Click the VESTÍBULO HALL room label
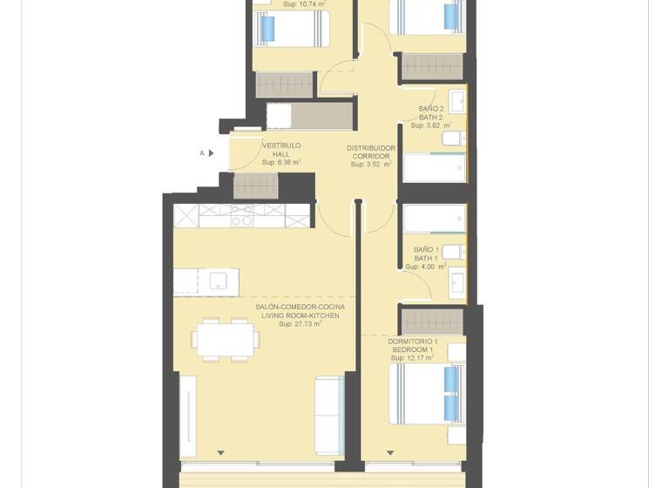280,150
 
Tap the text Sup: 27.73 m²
300,324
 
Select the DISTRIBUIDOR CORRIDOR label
371,152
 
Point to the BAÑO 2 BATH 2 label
430,112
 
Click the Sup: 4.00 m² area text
430,268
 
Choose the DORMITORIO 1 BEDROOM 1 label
412,345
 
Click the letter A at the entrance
202,153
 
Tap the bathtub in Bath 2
434,167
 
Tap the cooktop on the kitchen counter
242,215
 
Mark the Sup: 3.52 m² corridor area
371,164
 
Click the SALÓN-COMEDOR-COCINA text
300,307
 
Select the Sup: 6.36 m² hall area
281,162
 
